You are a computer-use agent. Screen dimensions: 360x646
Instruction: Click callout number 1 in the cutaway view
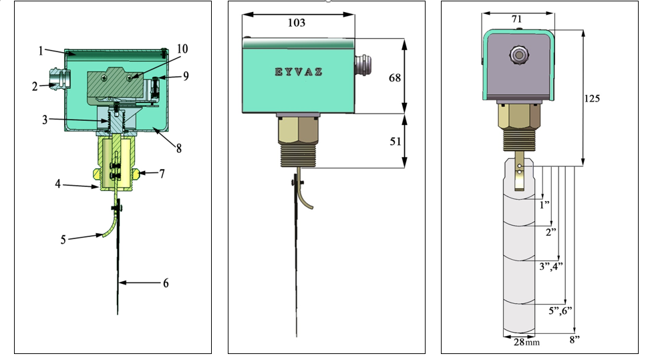click(41, 50)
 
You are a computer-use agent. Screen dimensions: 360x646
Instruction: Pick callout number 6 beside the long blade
click(165, 283)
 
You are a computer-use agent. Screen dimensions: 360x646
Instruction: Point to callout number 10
click(182, 49)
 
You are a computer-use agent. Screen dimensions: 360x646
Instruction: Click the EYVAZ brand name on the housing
click(299, 71)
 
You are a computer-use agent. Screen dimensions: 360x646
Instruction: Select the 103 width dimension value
click(296, 23)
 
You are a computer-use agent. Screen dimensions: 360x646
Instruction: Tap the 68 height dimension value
click(395, 77)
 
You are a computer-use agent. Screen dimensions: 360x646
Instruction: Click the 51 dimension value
click(395, 141)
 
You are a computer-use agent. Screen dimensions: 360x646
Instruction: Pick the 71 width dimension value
click(517, 19)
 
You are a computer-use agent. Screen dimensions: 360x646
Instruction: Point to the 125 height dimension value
click(592, 98)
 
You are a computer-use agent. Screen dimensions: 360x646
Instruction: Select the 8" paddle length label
click(575, 340)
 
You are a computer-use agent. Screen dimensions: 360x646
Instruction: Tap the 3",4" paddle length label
click(550, 266)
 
